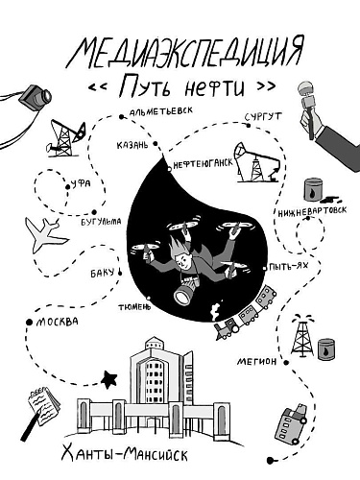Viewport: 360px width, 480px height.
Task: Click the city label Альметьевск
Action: [161, 111]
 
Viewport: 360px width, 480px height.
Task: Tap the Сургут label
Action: [264, 117]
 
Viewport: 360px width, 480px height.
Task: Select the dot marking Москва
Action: [29, 323]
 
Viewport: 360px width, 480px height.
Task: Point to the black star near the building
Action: [108, 379]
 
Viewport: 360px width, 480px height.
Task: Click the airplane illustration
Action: [45, 235]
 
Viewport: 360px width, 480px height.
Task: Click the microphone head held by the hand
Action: [306, 89]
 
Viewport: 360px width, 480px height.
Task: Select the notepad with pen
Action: [40, 411]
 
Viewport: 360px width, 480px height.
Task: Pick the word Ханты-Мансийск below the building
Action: [124, 454]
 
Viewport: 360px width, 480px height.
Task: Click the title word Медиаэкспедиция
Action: [184, 53]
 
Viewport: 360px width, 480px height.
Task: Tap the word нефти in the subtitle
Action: [215, 87]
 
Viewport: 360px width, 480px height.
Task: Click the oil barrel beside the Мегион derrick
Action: [326, 349]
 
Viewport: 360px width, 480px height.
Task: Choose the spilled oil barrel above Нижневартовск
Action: [314, 189]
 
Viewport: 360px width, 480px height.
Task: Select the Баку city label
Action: [102, 274]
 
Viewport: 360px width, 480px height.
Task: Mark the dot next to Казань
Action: [156, 144]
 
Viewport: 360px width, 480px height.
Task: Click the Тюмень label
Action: [134, 307]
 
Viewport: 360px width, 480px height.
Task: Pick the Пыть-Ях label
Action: [289, 266]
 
